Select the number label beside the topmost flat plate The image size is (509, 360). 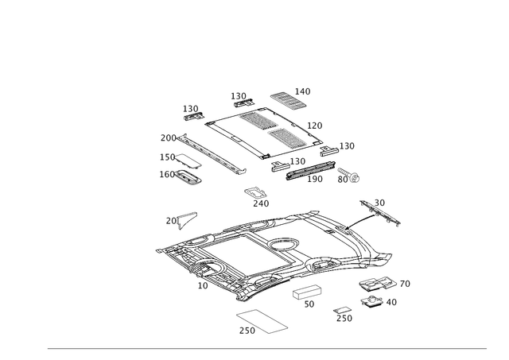(x=303, y=91)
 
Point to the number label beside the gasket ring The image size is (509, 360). (x=247, y=331)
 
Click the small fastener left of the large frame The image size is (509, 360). (x=188, y=215)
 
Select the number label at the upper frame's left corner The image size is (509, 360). (x=189, y=107)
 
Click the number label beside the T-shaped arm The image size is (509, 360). (x=380, y=201)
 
